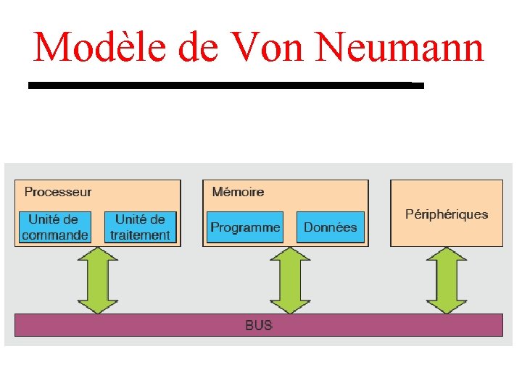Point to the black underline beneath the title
[225, 85]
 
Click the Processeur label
[58, 192]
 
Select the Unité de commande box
[55, 227]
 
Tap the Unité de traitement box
[141, 227]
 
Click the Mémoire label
[238, 192]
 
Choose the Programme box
[245, 227]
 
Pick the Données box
[330, 227]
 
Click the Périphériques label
[447, 214]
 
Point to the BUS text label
[259, 325]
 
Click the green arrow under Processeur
[97, 280]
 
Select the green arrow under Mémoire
[290, 280]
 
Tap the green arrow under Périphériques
[447, 280]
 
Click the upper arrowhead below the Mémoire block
[290, 256]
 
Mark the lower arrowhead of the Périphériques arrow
[447, 305]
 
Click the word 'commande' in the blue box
[55, 235]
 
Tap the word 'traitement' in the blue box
[141, 235]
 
